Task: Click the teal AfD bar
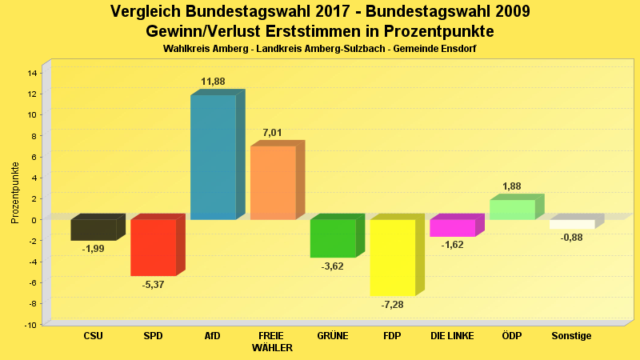pos(213,157)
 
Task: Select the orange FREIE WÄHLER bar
pos(273,182)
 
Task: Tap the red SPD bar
pos(153,247)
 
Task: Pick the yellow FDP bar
pos(392,258)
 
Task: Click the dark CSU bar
pos(94,230)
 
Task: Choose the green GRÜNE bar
pos(333,238)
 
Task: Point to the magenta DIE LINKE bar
pos(452,228)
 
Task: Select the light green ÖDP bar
pos(512,210)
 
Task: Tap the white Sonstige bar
pos(572,224)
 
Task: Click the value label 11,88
pos(213,82)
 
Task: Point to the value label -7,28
pos(392,306)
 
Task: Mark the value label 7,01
pos(273,133)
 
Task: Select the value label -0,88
pos(572,238)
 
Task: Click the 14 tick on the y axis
pos(32,73)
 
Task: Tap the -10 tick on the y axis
pos(30,325)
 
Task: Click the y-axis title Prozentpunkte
pos(15,192)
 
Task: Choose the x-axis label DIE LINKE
pos(452,336)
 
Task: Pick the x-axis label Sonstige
pos(572,336)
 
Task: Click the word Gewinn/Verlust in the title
pos(207,31)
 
